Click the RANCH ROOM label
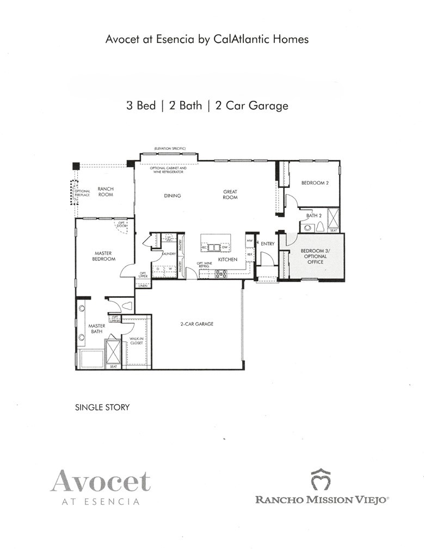coord(106,192)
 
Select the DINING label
coord(172,196)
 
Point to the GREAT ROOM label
coord(230,194)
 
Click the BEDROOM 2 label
coord(315,183)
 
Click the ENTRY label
coord(267,244)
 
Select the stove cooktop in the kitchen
coord(221,274)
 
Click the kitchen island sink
coord(216,247)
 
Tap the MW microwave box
coord(250,240)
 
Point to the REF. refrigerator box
coord(250,254)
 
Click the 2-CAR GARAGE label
coord(198,324)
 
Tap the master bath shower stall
coord(113,351)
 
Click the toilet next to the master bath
coord(127,306)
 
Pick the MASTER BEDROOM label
coord(103,256)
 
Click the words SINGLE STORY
coord(102,407)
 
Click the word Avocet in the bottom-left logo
coord(101,481)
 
